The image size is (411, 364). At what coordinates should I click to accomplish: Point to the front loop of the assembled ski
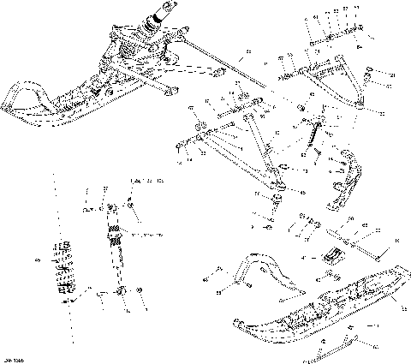tap(19, 94)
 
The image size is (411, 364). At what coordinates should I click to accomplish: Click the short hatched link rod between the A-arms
tap(313, 135)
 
